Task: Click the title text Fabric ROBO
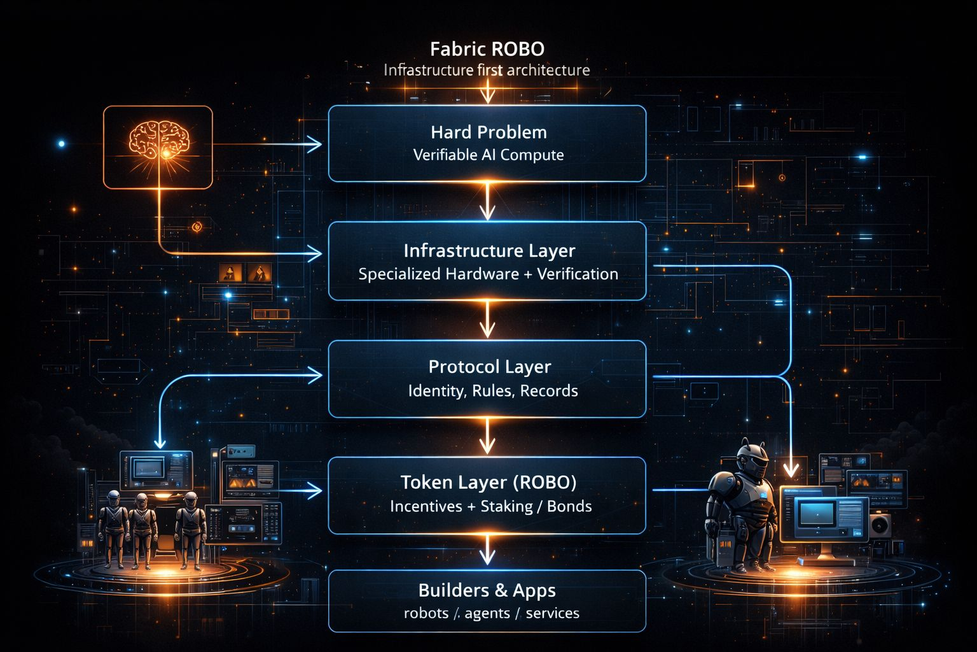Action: point(487,49)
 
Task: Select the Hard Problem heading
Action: point(488,132)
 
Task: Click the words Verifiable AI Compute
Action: point(488,155)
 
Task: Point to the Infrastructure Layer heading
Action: point(489,251)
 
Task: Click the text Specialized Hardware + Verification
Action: point(488,274)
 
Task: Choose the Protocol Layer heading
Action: point(490,367)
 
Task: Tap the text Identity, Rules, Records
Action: point(493,391)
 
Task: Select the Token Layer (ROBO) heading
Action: point(488,483)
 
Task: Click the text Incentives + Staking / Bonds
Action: point(490,507)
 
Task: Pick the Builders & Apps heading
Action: point(487,590)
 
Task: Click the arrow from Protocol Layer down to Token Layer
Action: point(487,437)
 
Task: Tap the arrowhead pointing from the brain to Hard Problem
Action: point(314,145)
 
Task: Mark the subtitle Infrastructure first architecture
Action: point(487,70)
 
